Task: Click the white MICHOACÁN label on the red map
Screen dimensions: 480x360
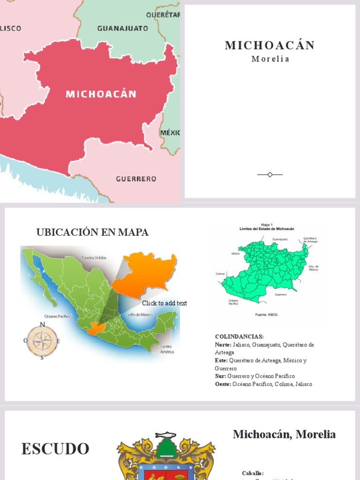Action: [101, 94]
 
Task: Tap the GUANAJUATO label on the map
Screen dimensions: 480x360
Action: [122, 28]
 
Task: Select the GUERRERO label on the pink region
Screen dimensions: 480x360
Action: [136, 179]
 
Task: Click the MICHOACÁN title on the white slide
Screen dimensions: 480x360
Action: [270, 45]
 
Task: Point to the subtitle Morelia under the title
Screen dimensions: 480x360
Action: [270, 59]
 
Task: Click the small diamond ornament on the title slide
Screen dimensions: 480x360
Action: [270, 174]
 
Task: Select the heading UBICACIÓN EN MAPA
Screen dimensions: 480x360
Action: [92, 232]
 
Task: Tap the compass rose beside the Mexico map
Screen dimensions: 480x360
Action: [42, 341]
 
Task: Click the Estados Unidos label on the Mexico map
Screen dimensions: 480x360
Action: [94, 257]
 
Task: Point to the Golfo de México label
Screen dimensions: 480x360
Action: [139, 315]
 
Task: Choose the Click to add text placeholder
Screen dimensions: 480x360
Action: [165, 303]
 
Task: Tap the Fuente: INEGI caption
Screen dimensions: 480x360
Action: [266, 315]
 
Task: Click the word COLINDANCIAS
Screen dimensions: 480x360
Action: [239, 337]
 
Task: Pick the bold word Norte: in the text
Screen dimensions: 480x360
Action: [223, 345]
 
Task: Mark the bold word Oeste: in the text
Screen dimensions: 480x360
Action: [223, 384]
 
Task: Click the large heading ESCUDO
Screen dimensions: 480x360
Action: [55, 449]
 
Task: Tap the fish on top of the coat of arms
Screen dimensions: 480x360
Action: [165, 435]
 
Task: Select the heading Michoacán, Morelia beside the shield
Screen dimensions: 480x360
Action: [284, 435]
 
